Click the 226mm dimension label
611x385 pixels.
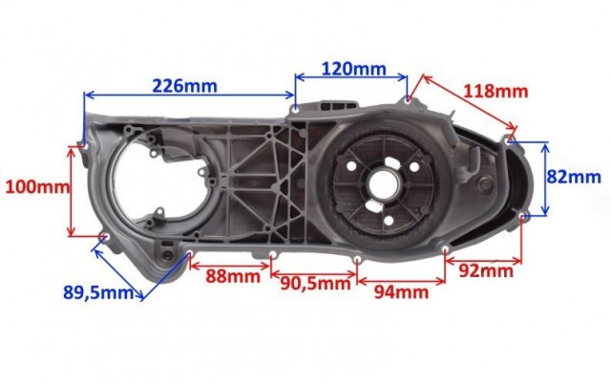point(184,86)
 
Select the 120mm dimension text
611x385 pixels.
point(354,69)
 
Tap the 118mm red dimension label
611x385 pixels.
point(495,92)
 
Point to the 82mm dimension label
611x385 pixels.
point(574,177)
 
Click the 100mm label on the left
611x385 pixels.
point(38,187)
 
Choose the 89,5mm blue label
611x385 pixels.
point(98,292)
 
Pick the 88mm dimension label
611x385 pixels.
point(233,276)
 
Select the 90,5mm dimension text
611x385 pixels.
point(316,284)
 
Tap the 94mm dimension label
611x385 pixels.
point(401,291)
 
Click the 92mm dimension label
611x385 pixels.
point(486,270)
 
